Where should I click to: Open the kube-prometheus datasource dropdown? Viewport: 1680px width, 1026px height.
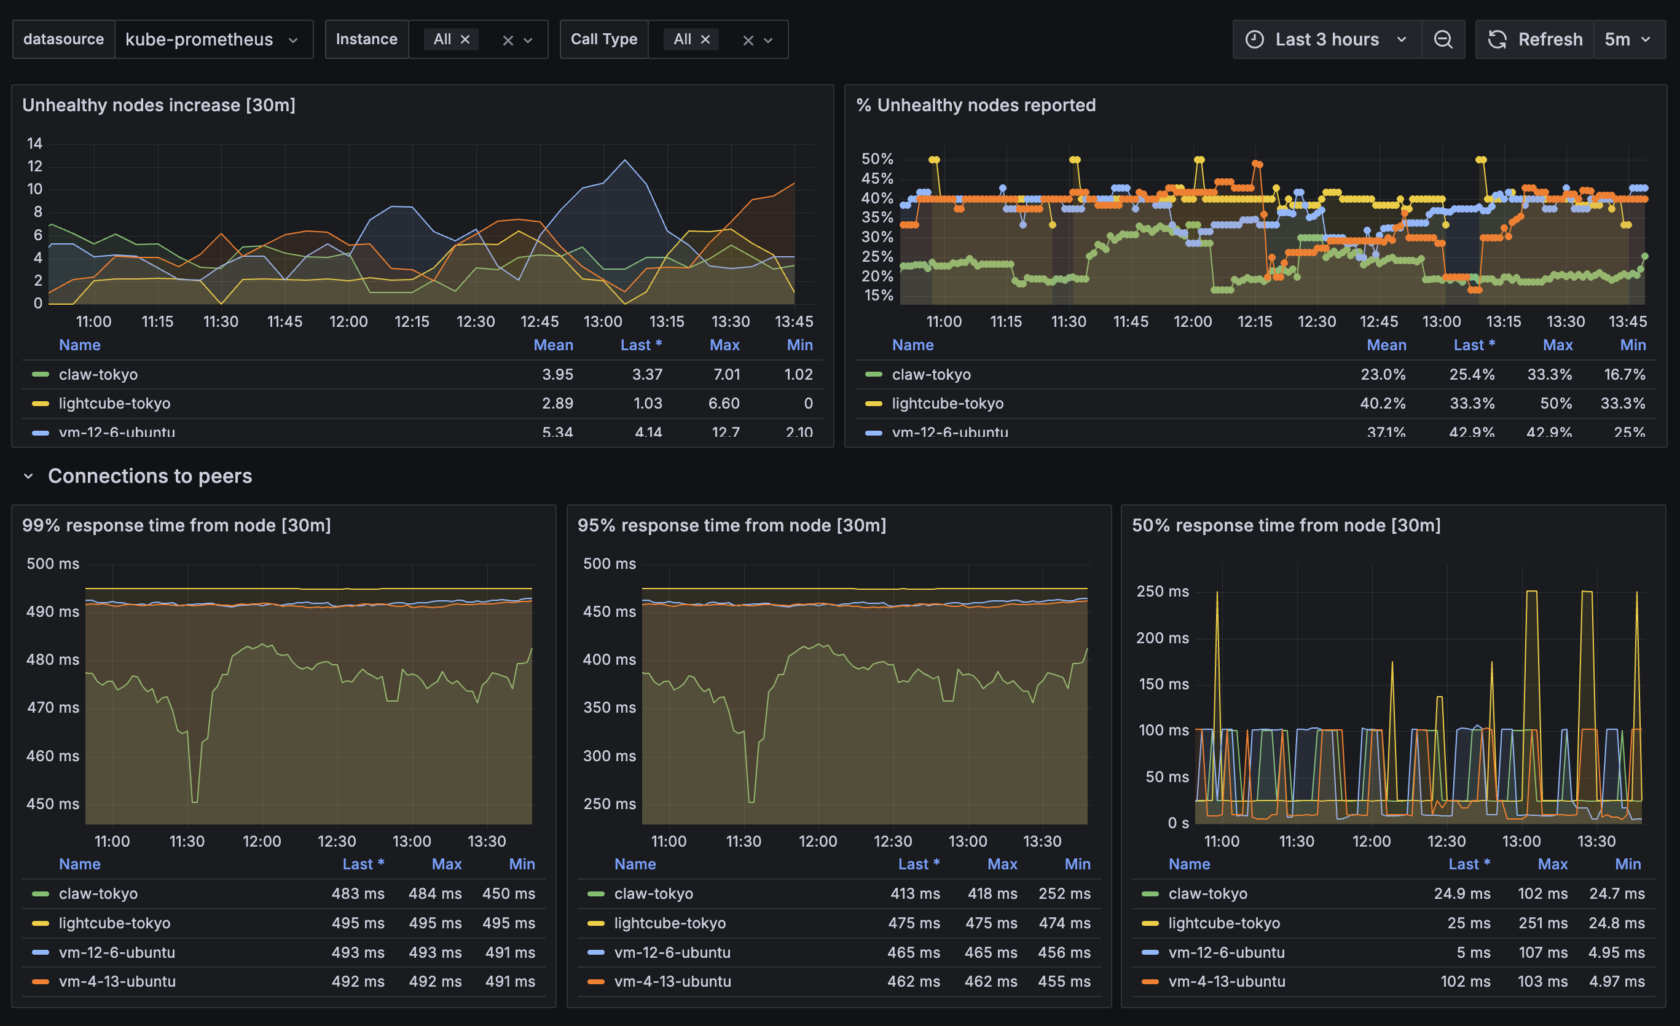212,39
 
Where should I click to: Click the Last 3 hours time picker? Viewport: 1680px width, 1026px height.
1326,39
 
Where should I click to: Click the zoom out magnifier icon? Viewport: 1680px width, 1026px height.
1443,39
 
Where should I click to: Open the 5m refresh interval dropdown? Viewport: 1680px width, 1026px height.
1628,39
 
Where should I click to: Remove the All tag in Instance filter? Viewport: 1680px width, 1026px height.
465,39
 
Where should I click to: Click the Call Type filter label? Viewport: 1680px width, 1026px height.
603,39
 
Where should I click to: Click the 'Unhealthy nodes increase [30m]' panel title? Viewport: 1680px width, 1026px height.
159,105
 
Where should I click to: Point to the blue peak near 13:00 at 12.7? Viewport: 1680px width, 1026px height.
624,160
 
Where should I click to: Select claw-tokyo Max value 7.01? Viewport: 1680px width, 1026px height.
726,374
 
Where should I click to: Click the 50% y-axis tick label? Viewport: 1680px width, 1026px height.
877,159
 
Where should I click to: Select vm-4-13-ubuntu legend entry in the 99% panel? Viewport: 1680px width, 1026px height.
117,982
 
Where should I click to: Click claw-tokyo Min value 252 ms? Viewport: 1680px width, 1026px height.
1064,894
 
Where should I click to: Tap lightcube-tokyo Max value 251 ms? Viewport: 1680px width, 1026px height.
1542,923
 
